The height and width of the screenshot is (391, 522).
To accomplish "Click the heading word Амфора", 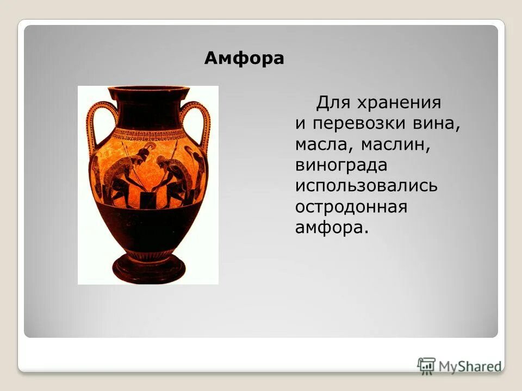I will coord(244,59).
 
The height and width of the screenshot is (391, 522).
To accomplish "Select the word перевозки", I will coord(361,123).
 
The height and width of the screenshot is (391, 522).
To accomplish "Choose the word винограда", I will coord(341,165).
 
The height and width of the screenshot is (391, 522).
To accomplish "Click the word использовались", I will coord(366,186).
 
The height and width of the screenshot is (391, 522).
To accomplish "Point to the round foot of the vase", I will coord(148,266).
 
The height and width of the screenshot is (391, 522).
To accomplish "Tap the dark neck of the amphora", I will coord(147,111).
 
